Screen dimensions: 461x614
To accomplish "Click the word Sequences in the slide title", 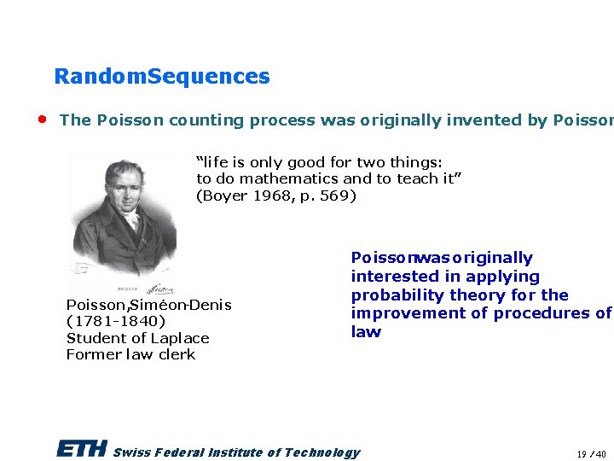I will pyautogui.click(x=209, y=77).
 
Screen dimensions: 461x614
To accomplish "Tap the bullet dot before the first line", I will pyautogui.click(x=41, y=119).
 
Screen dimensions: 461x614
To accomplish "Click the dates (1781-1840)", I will pyautogui.click(x=116, y=322).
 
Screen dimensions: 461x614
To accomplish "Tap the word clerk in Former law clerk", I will pyautogui.click(x=177, y=354).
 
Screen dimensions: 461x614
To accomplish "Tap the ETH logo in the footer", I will pyautogui.click(x=82, y=449).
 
